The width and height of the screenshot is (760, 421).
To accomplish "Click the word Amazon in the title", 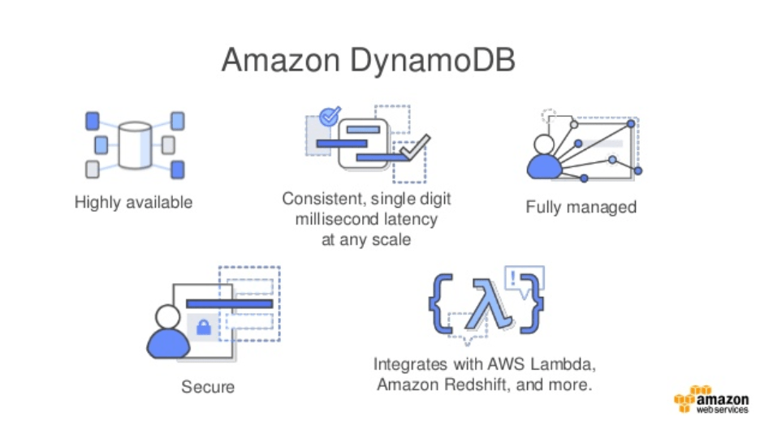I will [274, 62].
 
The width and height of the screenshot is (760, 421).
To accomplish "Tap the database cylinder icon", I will [134, 145].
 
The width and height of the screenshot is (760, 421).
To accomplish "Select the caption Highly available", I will [133, 203].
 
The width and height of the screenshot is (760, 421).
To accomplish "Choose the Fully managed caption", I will [581, 207].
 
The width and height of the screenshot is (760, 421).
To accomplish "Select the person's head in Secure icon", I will [167, 316].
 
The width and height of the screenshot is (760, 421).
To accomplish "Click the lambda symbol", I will [486, 307].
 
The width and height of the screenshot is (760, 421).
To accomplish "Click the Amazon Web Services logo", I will [711, 401].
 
